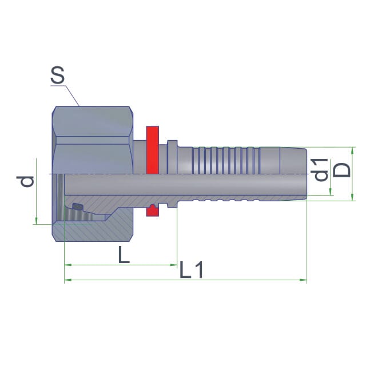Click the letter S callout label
pyautogui.click(x=57, y=75)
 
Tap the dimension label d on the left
pyautogui.click(x=25, y=182)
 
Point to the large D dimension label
pyautogui.click(x=342, y=170)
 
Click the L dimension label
pyautogui.click(x=124, y=254)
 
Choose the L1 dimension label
pyautogui.click(x=191, y=269)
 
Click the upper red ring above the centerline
pyautogui.click(x=153, y=150)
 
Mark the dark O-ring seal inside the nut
pyautogui.click(x=77, y=206)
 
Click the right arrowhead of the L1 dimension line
pyautogui.click(x=303, y=280)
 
